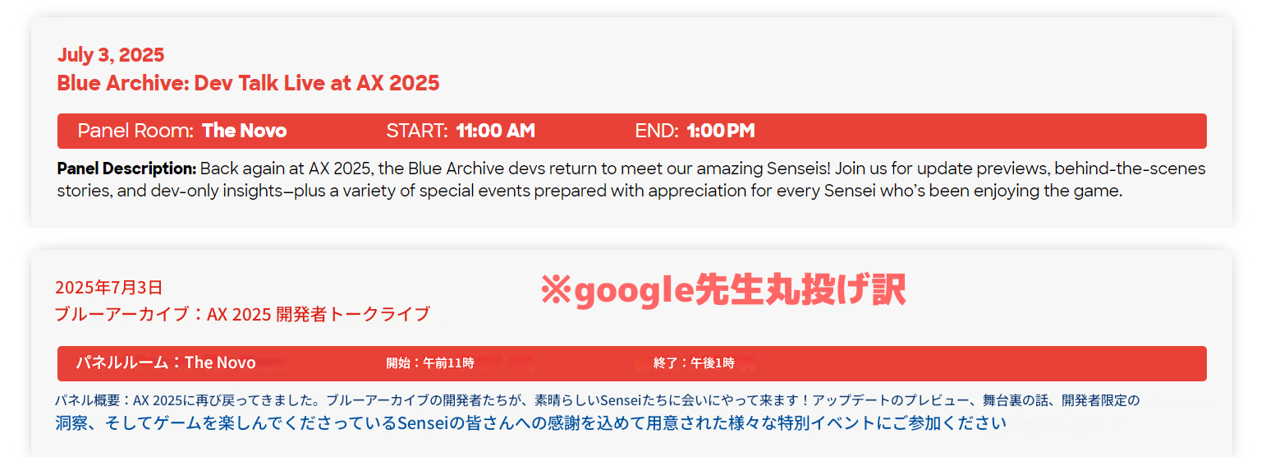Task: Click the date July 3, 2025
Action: click(111, 55)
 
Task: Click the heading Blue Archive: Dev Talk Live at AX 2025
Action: click(248, 83)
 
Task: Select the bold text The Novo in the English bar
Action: click(244, 131)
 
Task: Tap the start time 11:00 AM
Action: click(495, 131)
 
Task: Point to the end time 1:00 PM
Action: click(721, 131)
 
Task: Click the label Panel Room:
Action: click(135, 131)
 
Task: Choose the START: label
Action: click(417, 131)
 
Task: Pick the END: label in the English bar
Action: click(656, 131)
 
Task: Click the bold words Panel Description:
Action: click(126, 168)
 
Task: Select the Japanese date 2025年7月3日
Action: click(108, 288)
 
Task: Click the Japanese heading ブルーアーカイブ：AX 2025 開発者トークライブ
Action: click(242, 314)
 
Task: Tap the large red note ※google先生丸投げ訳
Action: click(723, 290)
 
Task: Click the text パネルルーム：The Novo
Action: click(166, 362)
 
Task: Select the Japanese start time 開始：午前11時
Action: click(430, 363)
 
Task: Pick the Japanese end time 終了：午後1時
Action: click(694, 363)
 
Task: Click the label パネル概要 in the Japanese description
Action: click(88, 400)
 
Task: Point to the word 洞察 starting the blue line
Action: click(71, 423)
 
